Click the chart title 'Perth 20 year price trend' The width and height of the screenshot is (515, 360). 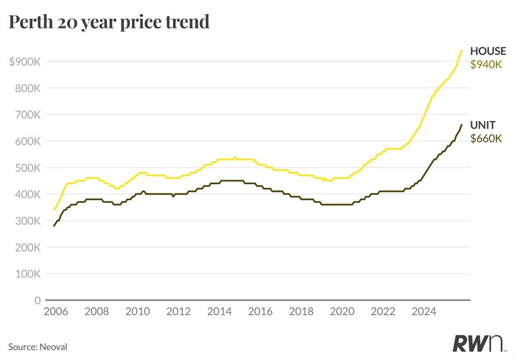point(109,22)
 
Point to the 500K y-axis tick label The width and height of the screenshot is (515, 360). point(28,168)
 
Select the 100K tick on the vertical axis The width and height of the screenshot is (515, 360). point(28,274)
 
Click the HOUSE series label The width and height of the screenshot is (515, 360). point(488,51)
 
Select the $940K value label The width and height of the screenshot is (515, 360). point(486,64)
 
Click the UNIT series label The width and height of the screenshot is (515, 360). point(483,124)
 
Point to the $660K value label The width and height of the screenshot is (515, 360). point(486,138)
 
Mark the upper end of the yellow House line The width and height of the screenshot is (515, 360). point(462,50)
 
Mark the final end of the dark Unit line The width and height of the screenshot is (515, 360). point(462,125)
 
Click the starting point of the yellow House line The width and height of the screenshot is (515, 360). point(54,210)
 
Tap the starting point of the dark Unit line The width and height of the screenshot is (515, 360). point(54,226)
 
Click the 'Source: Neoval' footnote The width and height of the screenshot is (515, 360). point(38,346)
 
